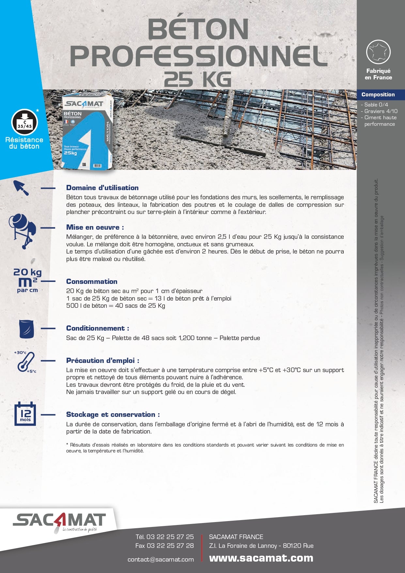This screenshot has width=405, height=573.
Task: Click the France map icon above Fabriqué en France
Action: coord(378,52)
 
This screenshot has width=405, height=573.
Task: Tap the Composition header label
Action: coord(378,95)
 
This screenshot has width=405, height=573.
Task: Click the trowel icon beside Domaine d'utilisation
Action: coord(21,188)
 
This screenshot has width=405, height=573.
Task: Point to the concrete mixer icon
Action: coord(23,230)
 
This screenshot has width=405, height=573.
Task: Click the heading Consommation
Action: coord(92,282)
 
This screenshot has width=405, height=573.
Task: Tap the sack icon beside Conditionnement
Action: coord(27,329)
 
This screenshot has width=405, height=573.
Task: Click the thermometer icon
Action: coord(25,362)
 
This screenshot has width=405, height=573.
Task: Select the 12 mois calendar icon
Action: coord(25,414)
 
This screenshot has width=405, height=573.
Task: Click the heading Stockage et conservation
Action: coord(113,415)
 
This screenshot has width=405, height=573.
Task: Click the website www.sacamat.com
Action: coord(261,558)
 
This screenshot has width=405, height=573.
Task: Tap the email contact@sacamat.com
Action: coord(161,560)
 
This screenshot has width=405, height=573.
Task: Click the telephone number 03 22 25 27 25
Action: coord(170,537)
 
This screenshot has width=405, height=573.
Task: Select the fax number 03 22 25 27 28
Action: coord(170,546)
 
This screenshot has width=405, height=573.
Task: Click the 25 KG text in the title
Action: coord(198,79)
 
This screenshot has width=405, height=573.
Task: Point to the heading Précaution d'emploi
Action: coord(103,361)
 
